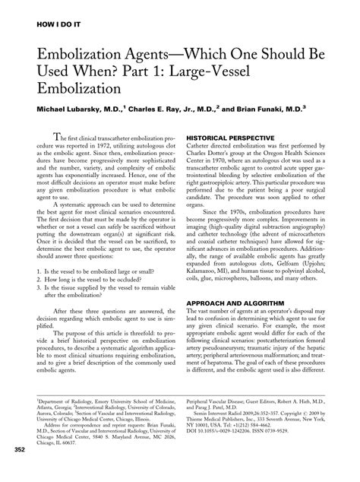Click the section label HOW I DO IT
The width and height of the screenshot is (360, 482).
pyautogui.click(x=53, y=14)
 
